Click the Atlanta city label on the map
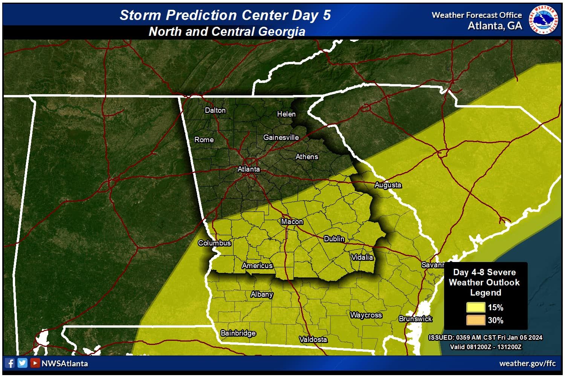click(x=249, y=169)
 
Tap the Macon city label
click(x=292, y=222)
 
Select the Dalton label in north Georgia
click(x=215, y=110)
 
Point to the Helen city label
click(x=286, y=114)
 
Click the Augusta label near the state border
click(x=388, y=185)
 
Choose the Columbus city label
click(x=214, y=243)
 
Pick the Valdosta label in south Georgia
click(x=313, y=340)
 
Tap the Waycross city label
click(x=366, y=315)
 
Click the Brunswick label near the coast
click(x=415, y=319)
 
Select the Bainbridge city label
click(x=238, y=333)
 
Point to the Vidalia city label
click(x=362, y=257)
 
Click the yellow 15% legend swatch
click(x=476, y=308)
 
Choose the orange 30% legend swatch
click(x=476, y=320)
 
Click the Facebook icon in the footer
click(x=10, y=363)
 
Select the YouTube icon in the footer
click(x=35, y=363)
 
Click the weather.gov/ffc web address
click(x=527, y=364)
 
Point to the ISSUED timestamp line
click(x=485, y=338)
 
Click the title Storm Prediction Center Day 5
click(x=225, y=15)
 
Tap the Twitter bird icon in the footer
click(x=22, y=363)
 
